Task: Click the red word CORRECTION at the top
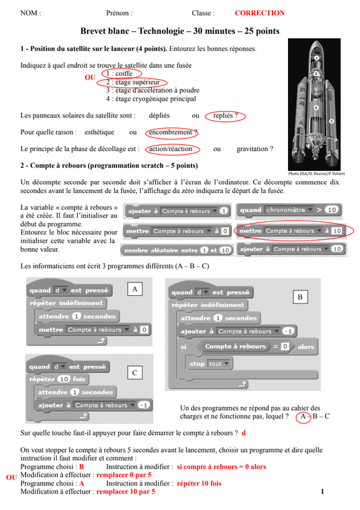click(259, 13)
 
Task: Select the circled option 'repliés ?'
click(226, 115)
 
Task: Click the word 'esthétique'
click(99, 132)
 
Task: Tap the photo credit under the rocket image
click(316, 173)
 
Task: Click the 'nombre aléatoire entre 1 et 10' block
click(177, 250)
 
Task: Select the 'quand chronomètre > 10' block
click(289, 210)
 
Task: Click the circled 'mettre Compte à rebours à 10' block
click(291, 231)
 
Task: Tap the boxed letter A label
click(134, 289)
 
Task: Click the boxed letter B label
click(300, 296)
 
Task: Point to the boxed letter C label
click(134, 373)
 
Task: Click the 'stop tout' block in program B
click(210, 363)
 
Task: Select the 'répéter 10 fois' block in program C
click(57, 379)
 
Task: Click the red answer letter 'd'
click(243, 433)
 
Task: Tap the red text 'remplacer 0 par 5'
click(124, 475)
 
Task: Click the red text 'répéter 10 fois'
click(199, 483)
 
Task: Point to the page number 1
click(322, 492)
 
